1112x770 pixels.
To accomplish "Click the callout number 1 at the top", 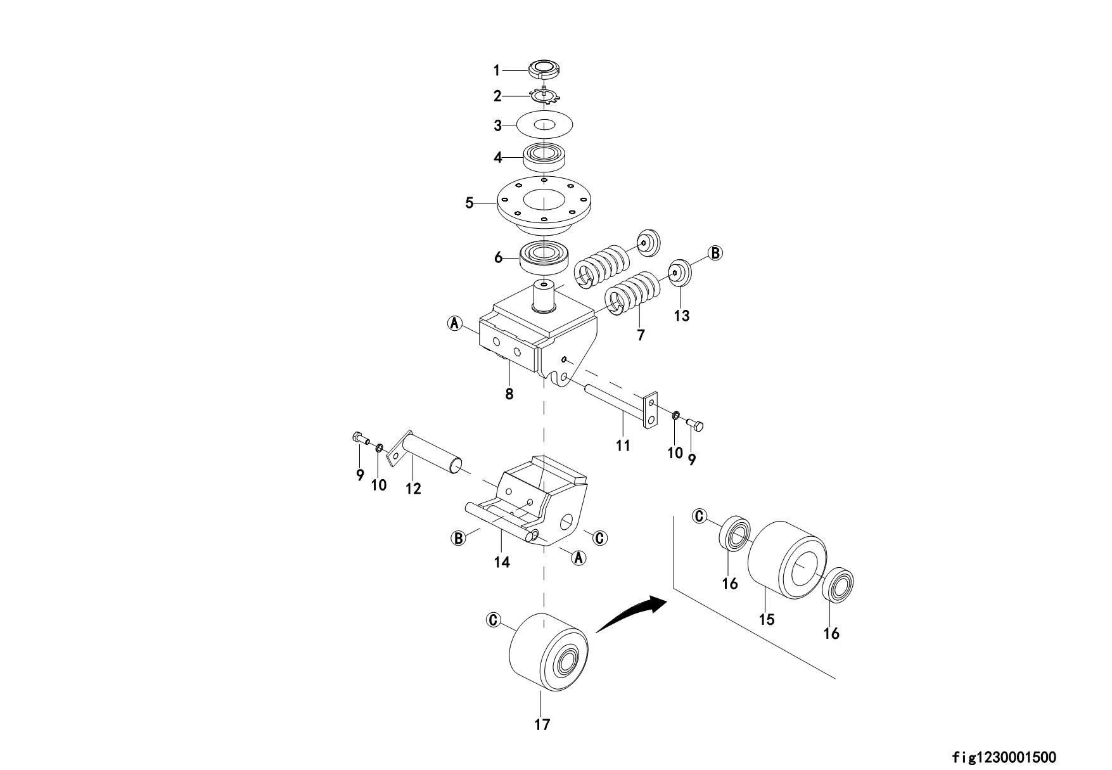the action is tap(497, 70).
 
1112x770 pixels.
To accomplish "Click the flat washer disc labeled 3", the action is tap(544, 124).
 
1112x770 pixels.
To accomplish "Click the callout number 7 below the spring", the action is tap(641, 335).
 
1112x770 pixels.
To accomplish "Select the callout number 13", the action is tap(681, 316).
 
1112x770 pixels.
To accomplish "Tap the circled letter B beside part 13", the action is tap(715, 253).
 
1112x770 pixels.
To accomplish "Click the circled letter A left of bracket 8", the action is tap(454, 323).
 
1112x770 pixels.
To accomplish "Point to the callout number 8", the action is tap(509, 394).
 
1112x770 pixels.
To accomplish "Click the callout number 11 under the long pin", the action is tap(623, 446).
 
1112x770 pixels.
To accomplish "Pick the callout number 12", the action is tap(413, 489).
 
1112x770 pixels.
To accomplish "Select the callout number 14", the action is tap(502, 562).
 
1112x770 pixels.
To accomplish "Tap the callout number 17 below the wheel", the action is tap(542, 724).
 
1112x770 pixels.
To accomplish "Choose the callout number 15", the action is tap(767, 619).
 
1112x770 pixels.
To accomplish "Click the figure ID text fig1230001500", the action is tap(1004, 757).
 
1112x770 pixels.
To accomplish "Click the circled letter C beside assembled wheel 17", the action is tap(492, 619).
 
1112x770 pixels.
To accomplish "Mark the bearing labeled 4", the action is tap(544, 156).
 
